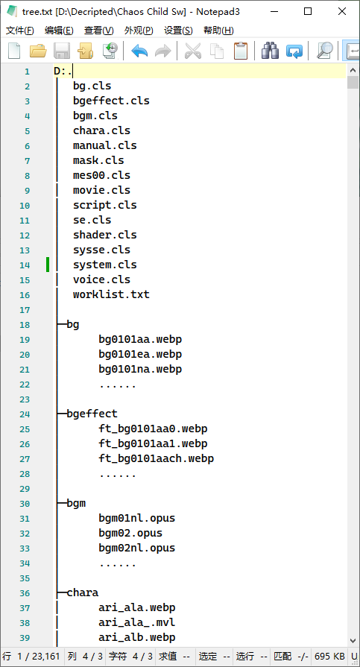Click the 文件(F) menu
pyautogui.click(x=20, y=31)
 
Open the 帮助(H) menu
pyautogui.click(x=218, y=31)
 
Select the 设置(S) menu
pyautogui.click(x=178, y=31)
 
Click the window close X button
pyautogui.click(x=342, y=11)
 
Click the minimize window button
pyautogui.click(x=274, y=11)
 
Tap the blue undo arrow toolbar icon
pyautogui.click(x=139, y=51)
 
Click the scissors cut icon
pyautogui.click(x=193, y=51)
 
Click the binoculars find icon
pyautogui.click(x=271, y=51)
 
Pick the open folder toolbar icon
pyautogui.click(x=38, y=51)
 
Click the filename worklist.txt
pyautogui.click(x=111, y=294)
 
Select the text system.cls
pyautogui.click(x=104, y=265)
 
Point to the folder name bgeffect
pyautogui.click(x=92, y=414)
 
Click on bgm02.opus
pyautogui.click(x=130, y=533)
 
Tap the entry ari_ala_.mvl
pyautogui.click(x=137, y=623)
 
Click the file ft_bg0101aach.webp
pyautogui.click(x=157, y=458)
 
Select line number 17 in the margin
pyautogui.click(x=25, y=310)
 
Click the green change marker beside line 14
pyautogui.click(x=48, y=265)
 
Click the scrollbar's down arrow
pyautogui.click(x=353, y=640)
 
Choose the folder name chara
pyautogui.click(x=83, y=592)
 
